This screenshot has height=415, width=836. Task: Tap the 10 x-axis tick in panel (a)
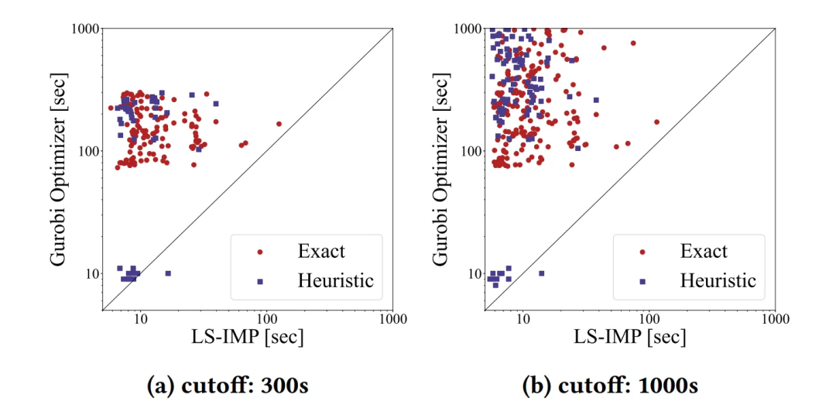click(140, 319)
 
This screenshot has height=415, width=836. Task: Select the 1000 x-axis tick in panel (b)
click(775, 319)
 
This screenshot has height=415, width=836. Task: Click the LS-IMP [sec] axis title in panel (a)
click(247, 338)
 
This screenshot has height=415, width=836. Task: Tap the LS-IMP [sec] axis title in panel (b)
click(629, 338)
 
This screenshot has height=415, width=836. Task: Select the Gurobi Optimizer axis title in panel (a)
click(60, 170)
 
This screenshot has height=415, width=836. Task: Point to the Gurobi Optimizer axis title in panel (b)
click(441, 170)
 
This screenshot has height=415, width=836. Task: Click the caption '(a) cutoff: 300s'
click(228, 386)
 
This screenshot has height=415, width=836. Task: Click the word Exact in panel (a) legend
click(321, 252)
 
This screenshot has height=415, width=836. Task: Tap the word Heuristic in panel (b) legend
click(718, 281)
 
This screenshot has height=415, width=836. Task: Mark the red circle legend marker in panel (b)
click(642, 252)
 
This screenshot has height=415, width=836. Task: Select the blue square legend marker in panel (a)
click(260, 281)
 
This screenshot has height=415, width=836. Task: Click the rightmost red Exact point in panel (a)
click(279, 124)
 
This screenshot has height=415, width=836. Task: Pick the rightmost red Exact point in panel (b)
click(656, 122)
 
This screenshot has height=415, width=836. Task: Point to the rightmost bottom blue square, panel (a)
click(168, 273)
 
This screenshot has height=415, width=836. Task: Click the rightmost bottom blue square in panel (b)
click(541, 273)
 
